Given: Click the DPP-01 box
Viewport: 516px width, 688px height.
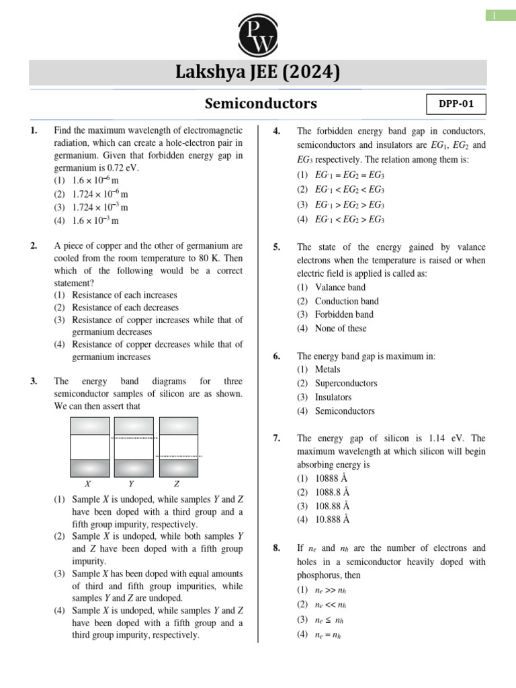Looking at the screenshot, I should [456, 104].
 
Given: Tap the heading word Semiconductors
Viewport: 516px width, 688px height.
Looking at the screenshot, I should [261, 103].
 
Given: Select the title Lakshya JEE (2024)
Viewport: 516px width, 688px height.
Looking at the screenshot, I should [258, 72].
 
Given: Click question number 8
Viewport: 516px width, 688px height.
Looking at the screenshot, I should [276, 548].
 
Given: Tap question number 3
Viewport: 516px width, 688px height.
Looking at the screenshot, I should [34, 382].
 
